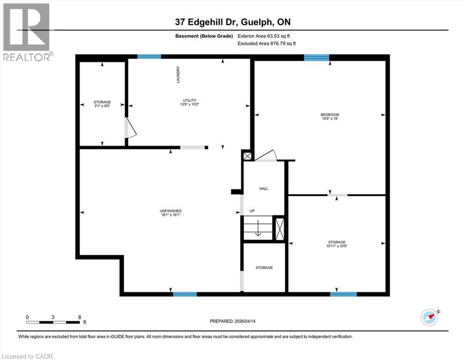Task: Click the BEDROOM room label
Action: point(330,115)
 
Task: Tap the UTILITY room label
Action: point(189,100)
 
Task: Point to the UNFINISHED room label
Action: point(170,211)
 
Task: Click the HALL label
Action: point(264,188)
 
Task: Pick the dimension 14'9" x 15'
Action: point(330,120)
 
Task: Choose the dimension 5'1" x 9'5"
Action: point(102,106)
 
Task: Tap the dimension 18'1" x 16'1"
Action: point(170,215)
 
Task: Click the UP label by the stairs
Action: point(252,211)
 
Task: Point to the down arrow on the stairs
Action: point(257,230)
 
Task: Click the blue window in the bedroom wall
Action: point(316,58)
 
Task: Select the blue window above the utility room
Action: point(149,57)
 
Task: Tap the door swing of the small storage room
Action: point(130,128)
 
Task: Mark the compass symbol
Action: point(429,317)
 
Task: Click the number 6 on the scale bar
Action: point(80,317)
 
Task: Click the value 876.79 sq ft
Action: point(280,43)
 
